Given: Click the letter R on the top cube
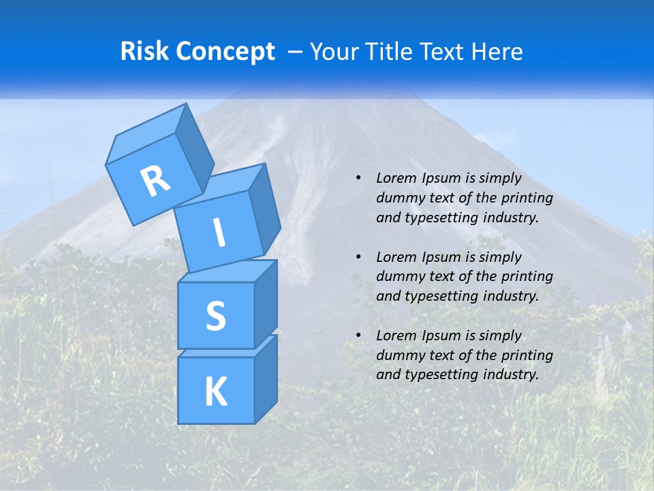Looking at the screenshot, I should [x=155, y=181].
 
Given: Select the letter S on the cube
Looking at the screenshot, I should [x=215, y=316].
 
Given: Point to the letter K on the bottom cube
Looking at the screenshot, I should [x=215, y=391].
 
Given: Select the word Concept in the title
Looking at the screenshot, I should [x=224, y=52].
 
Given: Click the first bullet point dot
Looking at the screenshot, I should [x=358, y=178].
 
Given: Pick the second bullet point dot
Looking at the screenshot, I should [x=358, y=257].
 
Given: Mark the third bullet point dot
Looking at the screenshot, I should [x=358, y=336].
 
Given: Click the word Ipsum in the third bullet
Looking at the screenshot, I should [x=442, y=336].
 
